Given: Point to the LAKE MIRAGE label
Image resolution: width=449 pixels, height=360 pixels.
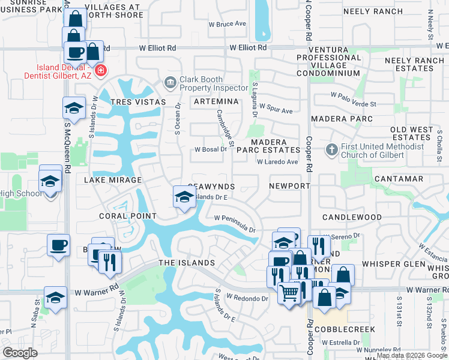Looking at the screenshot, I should tap(113, 180).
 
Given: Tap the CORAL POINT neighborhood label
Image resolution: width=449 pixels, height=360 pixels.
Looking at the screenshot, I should tap(128, 216).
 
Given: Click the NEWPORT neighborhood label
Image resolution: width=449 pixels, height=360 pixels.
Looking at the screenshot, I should tap(288, 186).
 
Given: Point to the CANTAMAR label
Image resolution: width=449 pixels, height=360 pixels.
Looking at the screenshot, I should tap(399, 179).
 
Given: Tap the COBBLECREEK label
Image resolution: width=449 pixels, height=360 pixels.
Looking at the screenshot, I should tap(348, 329).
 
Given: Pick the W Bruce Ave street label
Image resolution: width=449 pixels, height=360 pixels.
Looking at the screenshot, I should tap(228, 24).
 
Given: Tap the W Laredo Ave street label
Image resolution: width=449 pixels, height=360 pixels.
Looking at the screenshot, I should tap(277, 162).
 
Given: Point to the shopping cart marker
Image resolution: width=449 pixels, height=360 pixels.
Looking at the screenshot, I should tap(289, 293).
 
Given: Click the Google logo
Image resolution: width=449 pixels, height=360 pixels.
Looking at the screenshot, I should tap(20, 353).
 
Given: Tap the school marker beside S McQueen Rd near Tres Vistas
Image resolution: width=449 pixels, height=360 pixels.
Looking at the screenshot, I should tap(74, 107).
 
